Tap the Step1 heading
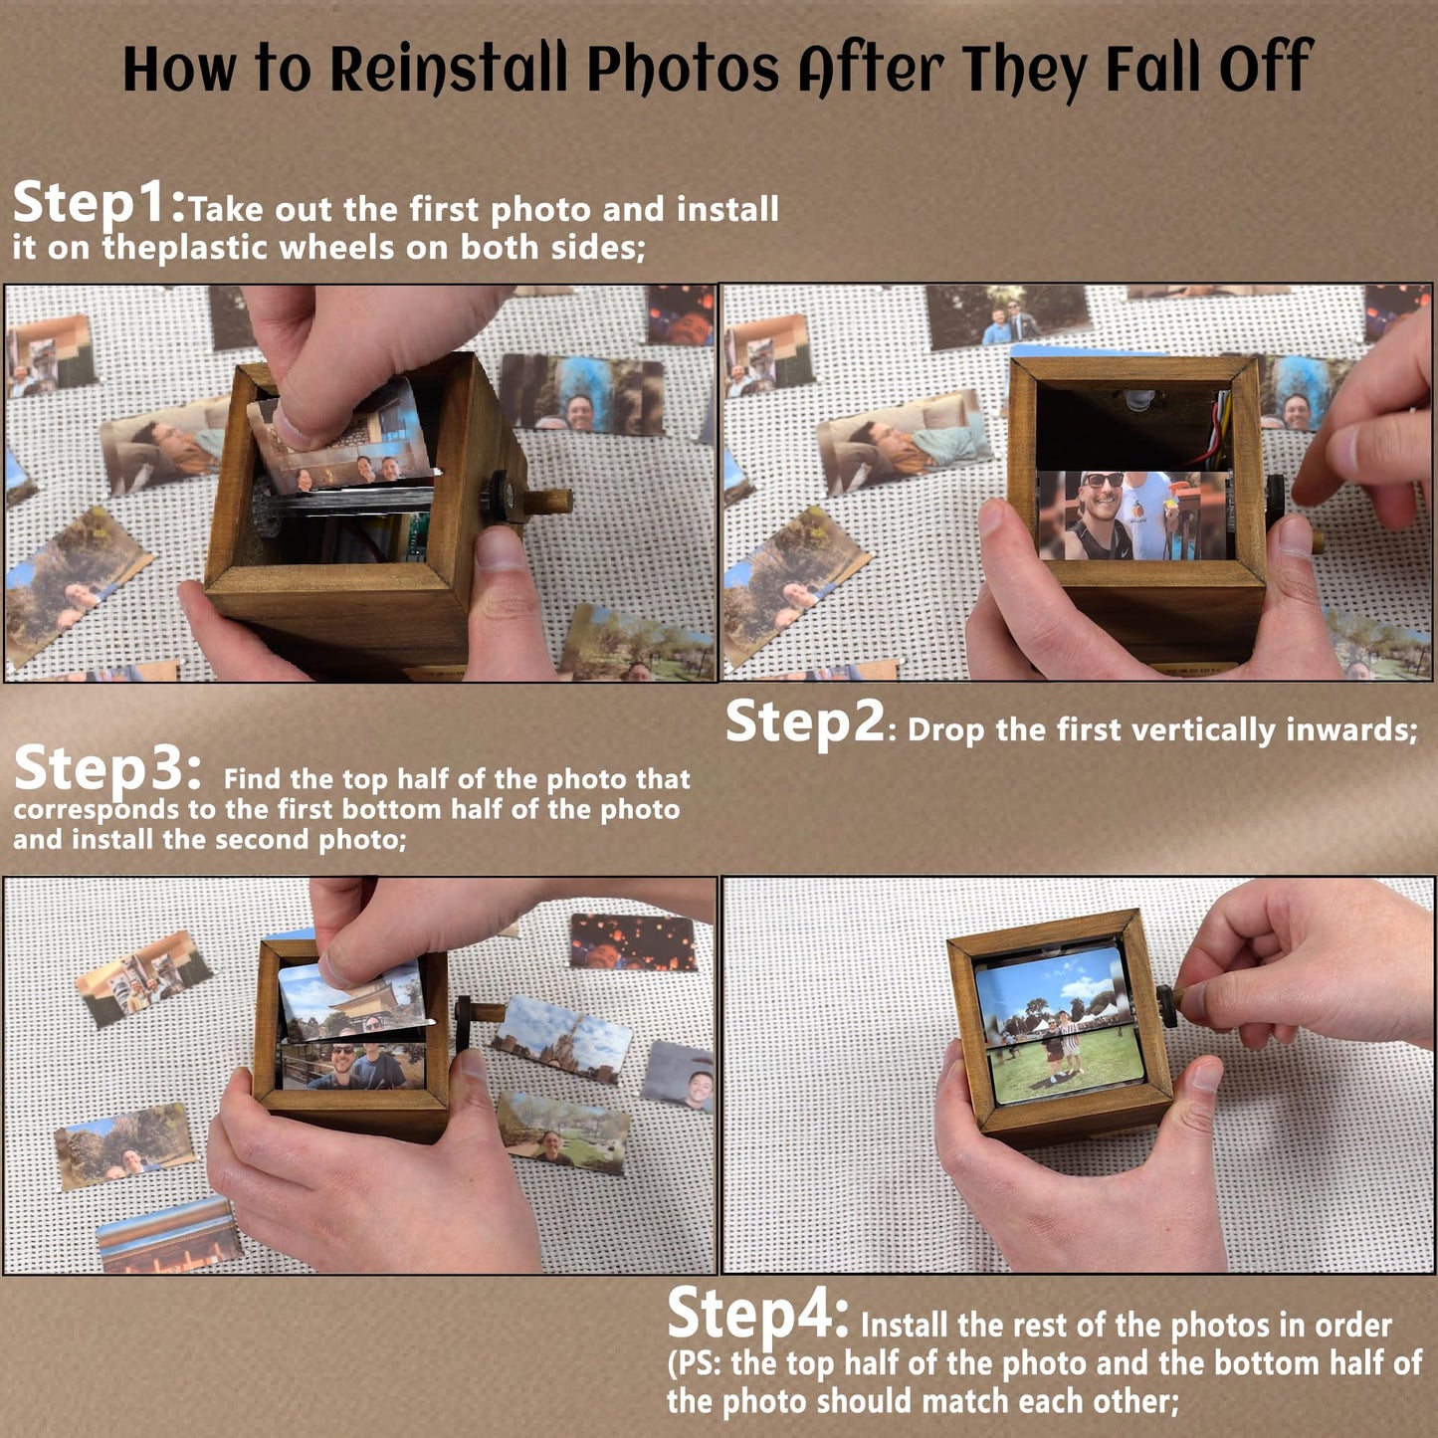click(100, 203)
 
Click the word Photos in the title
click(683, 70)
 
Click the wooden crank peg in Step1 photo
click(548, 501)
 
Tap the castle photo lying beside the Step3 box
click(562, 1044)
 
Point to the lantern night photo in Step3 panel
click(633, 942)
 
